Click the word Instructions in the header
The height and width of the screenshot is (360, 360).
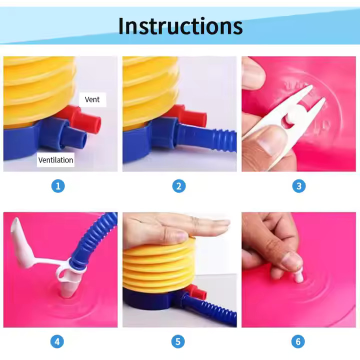180,25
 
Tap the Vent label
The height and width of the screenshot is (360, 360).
92,99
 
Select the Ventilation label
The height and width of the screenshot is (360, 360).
55,160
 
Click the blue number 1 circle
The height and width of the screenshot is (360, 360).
58,185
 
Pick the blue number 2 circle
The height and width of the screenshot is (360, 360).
179,185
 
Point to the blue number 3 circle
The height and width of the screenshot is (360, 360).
299,185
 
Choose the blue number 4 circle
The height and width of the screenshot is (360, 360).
57,341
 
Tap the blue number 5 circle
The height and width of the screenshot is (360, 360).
178,341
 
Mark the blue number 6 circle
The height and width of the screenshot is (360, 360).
298,341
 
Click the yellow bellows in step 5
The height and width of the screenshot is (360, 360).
158,266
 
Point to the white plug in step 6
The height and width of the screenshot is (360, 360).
299,275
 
